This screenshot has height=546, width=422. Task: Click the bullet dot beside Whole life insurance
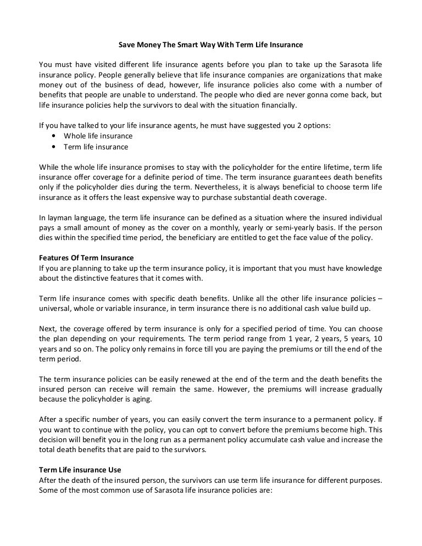click(52, 136)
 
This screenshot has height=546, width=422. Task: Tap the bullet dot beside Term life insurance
click(52, 147)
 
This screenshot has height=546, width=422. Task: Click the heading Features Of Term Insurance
click(86, 258)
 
